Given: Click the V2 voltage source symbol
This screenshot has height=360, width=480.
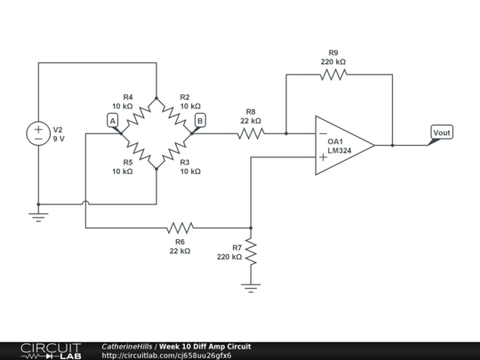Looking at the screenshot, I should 38,133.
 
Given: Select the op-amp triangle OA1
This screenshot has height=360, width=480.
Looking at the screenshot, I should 343,145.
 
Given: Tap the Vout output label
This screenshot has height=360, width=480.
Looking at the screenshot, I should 441,133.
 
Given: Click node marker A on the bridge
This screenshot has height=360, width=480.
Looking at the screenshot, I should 112,120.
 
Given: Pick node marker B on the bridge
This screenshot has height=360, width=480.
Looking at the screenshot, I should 199,120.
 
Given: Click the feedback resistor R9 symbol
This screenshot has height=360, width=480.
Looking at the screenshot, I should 332,76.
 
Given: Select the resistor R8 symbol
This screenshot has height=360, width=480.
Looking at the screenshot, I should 251,134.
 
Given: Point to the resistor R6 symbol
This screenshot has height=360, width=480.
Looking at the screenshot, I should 180,228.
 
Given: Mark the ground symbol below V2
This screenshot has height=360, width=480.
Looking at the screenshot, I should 38,214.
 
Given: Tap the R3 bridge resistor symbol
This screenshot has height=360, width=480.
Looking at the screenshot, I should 175,151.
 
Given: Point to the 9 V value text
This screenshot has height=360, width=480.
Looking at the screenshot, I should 60,139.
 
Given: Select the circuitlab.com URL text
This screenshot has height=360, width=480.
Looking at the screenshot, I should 167,356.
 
